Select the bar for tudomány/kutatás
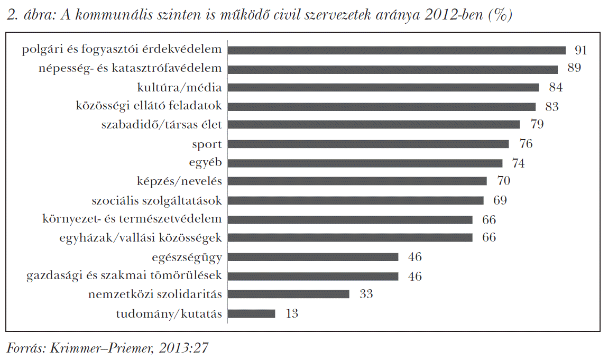coord(251,313)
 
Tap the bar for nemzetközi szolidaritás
coord(288,294)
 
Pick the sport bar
coord(367,144)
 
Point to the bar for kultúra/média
coord(383,87)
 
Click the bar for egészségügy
coord(312,257)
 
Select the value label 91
coord(581,50)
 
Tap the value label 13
coord(291,313)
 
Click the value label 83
coord(552,106)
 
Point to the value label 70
coord(503,181)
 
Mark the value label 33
coord(366,294)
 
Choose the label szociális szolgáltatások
coord(157,200)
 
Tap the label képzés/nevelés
coord(179,181)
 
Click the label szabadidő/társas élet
coord(161,125)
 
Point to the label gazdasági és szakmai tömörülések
coord(124,275)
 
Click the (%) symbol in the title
coord(500,16)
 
